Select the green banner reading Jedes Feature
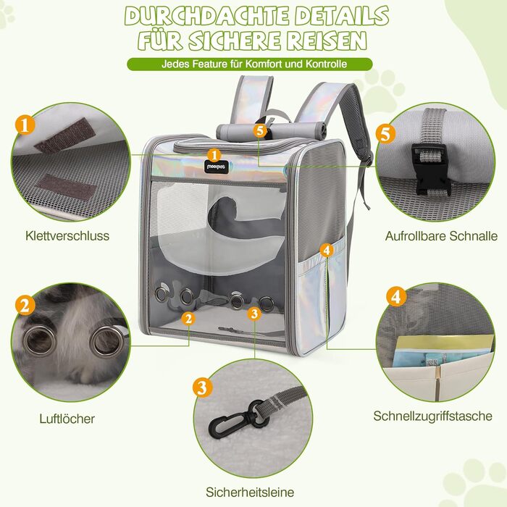coord(253,64)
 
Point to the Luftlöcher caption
coord(67,418)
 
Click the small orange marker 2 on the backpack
coord(188,317)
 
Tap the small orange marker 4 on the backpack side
coord(327,250)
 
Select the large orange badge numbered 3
coord(203,387)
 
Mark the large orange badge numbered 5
coord(385,133)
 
